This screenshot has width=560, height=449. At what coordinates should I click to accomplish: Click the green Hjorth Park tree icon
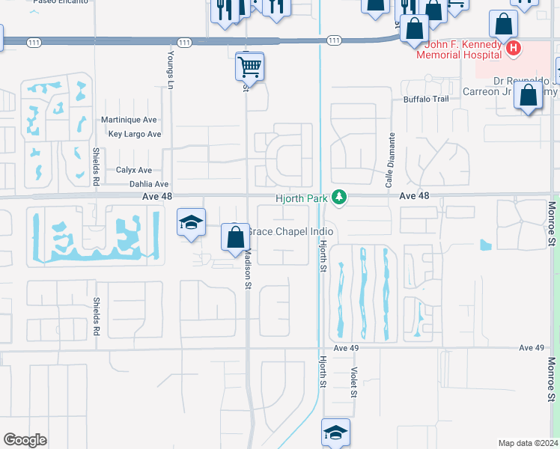click(340, 197)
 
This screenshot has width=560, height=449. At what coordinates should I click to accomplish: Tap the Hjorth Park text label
click(302, 198)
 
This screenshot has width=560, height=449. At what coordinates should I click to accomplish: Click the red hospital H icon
click(513, 49)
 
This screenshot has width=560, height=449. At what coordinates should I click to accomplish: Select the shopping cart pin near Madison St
click(249, 67)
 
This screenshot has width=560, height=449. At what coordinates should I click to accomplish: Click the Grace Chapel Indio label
click(290, 232)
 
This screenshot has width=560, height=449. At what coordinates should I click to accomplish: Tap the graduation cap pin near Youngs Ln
click(191, 222)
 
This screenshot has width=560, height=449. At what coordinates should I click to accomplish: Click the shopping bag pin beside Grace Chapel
click(235, 237)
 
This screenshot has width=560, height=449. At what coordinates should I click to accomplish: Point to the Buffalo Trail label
click(425, 99)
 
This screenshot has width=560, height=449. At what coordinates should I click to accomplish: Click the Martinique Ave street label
click(129, 120)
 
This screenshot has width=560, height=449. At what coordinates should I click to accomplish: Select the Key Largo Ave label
click(135, 135)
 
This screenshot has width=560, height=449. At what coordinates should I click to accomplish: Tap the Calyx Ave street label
click(134, 170)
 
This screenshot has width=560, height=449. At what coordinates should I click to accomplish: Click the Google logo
click(24, 440)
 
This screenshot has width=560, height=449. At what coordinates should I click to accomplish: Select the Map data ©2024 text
click(527, 443)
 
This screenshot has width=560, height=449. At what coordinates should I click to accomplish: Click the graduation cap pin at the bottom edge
click(335, 433)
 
